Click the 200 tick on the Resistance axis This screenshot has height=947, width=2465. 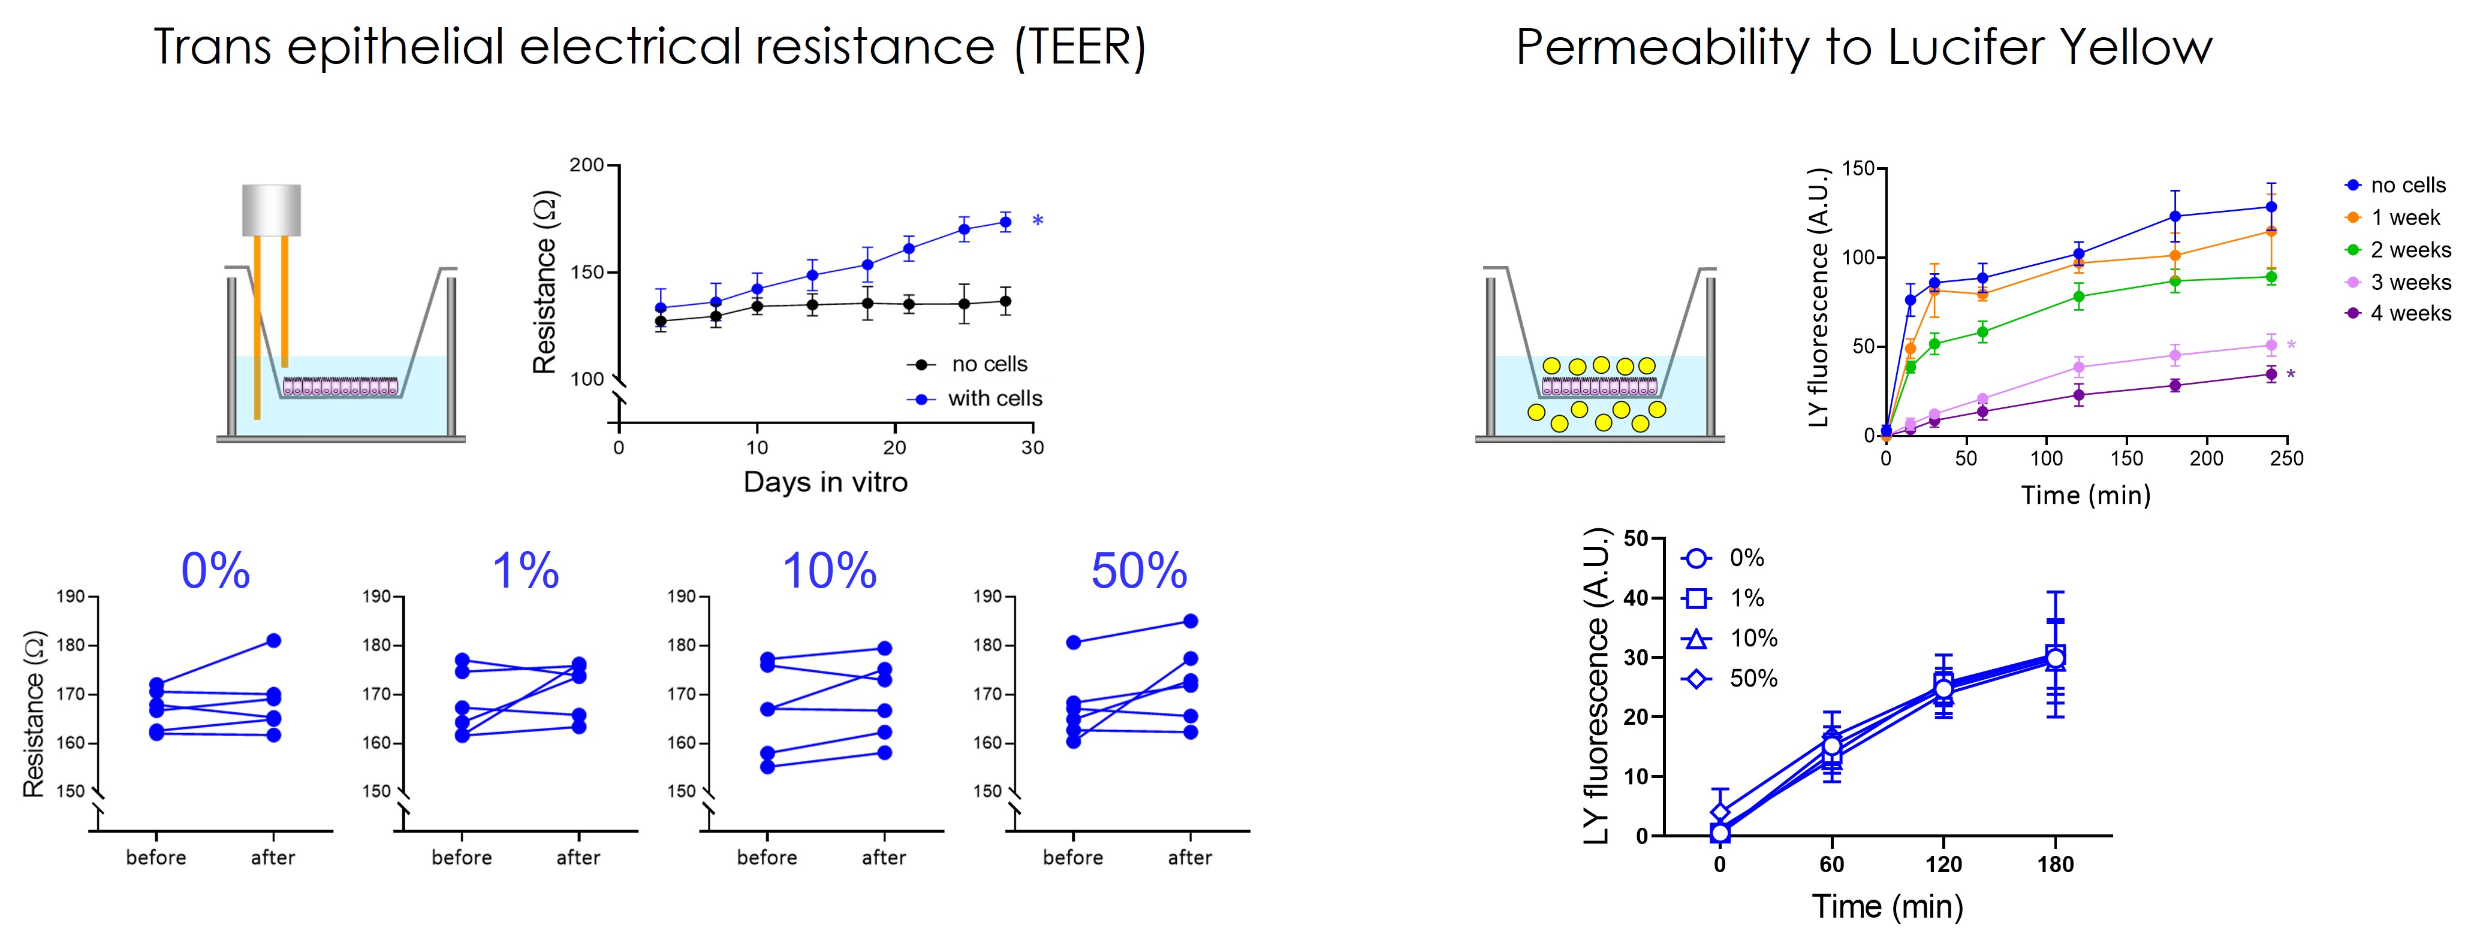tap(587, 165)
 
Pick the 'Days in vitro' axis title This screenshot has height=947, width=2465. tap(825, 482)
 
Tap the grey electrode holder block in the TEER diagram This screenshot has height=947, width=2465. tap(272, 210)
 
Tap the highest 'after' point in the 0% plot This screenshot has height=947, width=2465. tap(274, 641)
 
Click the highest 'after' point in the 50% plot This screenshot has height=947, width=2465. tap(1191, 621)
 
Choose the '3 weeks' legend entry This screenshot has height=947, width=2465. tap(2409, 282)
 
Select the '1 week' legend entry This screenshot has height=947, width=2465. tap(2404, 218)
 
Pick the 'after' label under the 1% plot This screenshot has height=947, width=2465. tap(578, 858)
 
